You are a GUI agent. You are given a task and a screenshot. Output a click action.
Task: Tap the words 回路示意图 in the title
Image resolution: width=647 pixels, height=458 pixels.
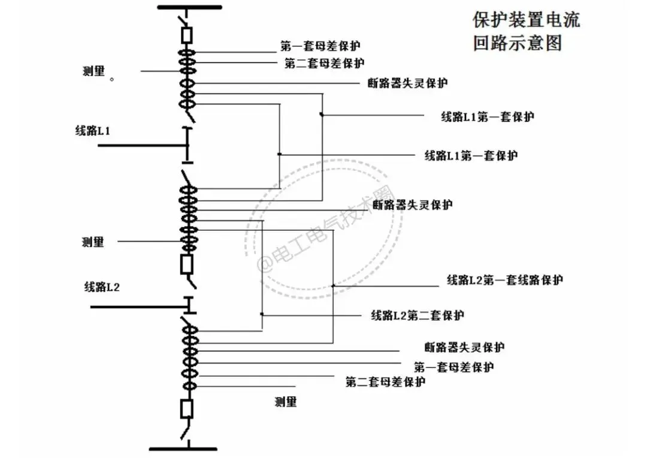click(518, 44)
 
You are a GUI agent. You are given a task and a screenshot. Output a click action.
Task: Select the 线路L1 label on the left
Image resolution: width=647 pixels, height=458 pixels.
click(92, 130)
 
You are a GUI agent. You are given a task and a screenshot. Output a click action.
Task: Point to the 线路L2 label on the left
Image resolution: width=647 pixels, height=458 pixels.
click(102, 287)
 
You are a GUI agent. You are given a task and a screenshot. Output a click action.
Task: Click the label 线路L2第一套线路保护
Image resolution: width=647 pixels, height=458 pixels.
click(504, 280)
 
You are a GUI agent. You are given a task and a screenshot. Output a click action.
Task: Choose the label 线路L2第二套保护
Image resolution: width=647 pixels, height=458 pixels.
click(418, 315)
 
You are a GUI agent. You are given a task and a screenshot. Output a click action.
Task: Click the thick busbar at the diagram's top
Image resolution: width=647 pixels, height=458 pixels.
click(189, 7)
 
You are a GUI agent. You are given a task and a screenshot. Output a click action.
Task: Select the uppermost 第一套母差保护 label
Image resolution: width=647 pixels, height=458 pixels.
click(321, 46)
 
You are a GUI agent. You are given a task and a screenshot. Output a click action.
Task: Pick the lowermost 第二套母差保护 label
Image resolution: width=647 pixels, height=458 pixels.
click(385, 382)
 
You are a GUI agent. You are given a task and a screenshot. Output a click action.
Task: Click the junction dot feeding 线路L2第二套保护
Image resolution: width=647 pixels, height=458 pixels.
click(262, 314)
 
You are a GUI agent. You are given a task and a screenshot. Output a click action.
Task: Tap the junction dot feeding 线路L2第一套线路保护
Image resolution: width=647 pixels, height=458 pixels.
click(332, 285)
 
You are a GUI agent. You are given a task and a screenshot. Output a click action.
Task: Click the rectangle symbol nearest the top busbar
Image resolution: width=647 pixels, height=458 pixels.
click(187, 35)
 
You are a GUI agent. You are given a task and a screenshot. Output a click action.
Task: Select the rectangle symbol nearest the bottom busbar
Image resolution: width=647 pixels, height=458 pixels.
click(187, 409)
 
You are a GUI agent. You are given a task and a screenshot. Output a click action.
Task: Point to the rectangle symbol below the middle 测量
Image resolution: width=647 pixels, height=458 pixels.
click(187, 264)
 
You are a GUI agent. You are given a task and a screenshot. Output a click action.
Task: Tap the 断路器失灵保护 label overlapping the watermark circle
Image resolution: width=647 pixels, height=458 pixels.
click(413, 205)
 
